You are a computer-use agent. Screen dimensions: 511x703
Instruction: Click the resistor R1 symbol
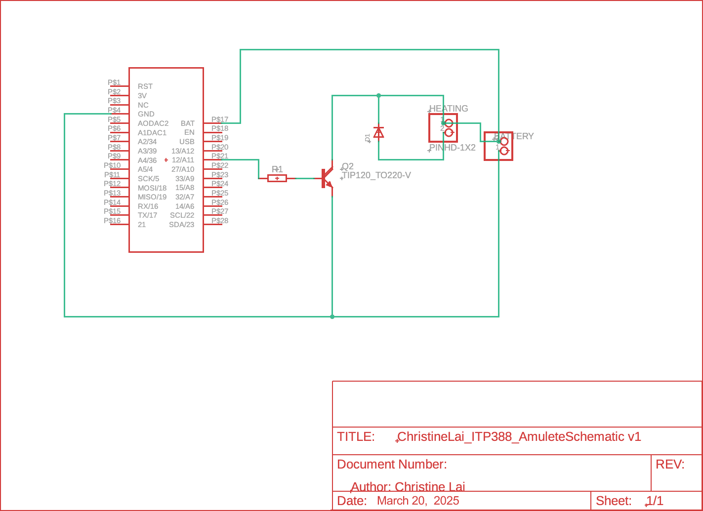coord(277,178)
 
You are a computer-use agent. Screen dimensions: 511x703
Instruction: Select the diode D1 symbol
coord(378,132)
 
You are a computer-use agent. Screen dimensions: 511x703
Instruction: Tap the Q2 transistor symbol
coord(326,178)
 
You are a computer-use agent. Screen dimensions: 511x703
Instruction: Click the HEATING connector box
coord(443,128)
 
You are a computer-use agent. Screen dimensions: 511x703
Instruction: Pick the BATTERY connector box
coord(498,146)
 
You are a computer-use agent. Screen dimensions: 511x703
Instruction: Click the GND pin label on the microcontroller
coord(146,114)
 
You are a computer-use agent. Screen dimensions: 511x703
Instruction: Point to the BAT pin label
coord(188,123)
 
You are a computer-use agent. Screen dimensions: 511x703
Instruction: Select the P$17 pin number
coord(220,119)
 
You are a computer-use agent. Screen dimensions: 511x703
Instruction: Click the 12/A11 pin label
coord(183,160)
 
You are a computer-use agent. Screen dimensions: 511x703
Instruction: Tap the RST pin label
coord(145,86)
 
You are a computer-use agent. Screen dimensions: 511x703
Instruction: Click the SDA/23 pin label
coord(182,225)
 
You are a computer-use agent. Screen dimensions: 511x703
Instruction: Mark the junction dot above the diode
coord(378,95)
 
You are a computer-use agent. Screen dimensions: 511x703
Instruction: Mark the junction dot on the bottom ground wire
coord(332,316)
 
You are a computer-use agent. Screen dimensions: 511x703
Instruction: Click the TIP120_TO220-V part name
coord(376,175)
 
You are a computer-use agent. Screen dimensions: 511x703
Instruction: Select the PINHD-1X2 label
coord(453,148)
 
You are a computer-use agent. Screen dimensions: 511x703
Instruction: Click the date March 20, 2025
coord(418,501)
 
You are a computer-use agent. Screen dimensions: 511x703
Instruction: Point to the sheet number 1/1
coord(655,501)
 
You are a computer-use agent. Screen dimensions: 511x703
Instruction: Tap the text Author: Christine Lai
coord(408,487)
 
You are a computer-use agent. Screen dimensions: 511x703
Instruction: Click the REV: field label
coord(669,464)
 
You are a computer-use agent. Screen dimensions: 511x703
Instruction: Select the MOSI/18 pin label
coord(152,188)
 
